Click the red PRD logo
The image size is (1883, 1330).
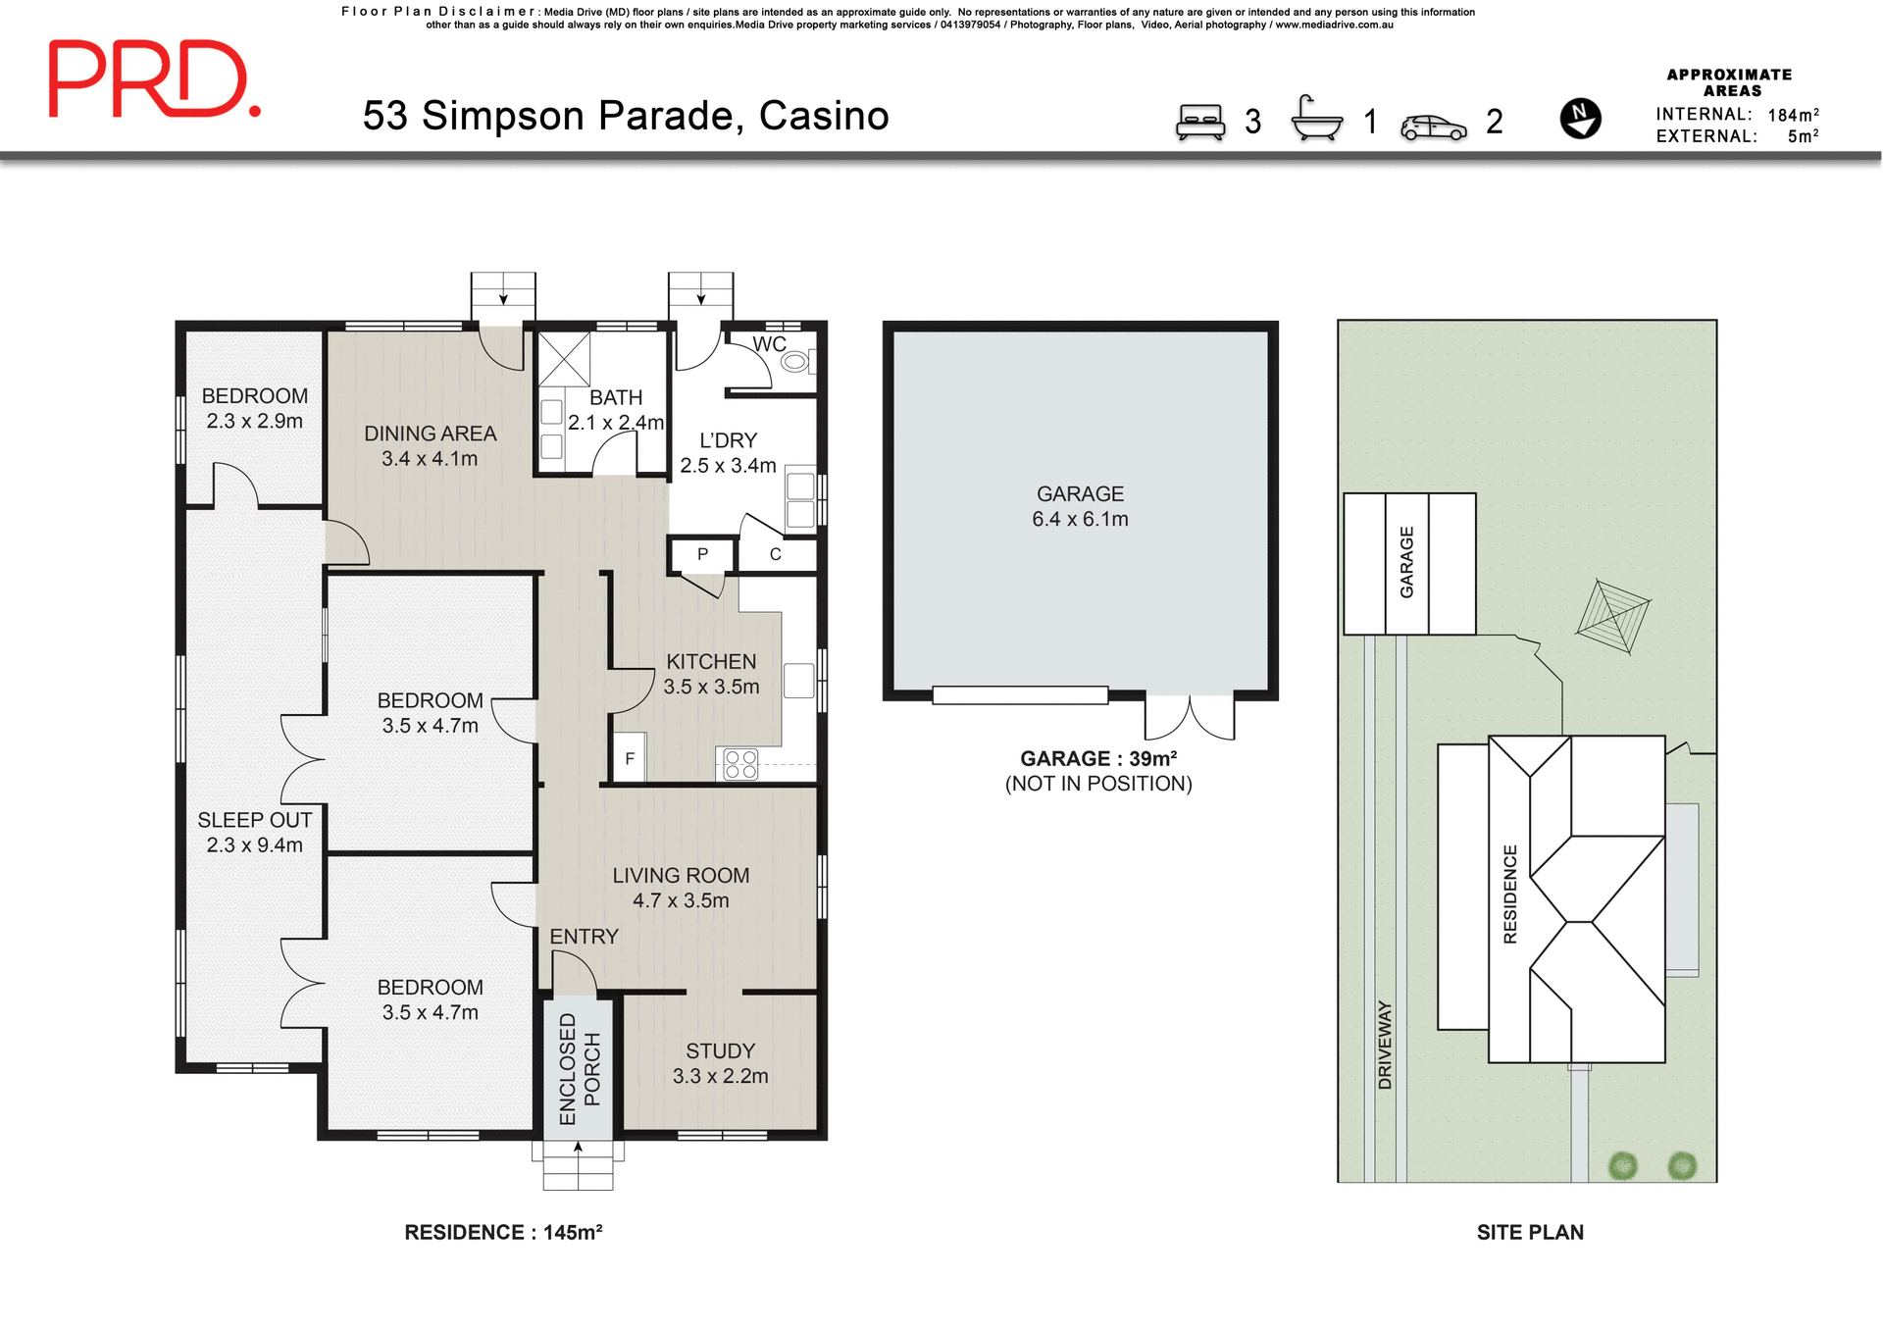tap(154, 80)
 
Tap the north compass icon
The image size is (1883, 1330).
tap(1580, 119)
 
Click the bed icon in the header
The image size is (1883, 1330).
tap(1200, 123)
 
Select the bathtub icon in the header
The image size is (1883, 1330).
tap(1316, 120)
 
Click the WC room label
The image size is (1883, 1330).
tap(769, 344)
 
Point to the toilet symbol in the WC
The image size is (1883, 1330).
tap(794, 362)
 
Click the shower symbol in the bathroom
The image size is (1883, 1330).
tap(564, 358)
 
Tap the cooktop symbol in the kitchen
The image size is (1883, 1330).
tap(740, 764)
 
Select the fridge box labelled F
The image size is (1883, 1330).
tap(629, 757)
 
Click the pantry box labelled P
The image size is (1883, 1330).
tap(702, 555)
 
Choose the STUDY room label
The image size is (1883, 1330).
tap(720, 1050)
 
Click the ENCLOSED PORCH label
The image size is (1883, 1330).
tap(579, 1068)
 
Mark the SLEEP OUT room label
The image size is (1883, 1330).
tap(254, 820)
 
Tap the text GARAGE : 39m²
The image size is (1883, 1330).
tap(1097, 758)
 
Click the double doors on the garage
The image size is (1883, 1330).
tap(1189, 717)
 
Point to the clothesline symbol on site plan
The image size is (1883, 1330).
tap(1613, 617)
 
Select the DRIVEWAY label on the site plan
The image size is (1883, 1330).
tap(1385, 1045)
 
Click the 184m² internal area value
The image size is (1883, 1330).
tap(1793, 115)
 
